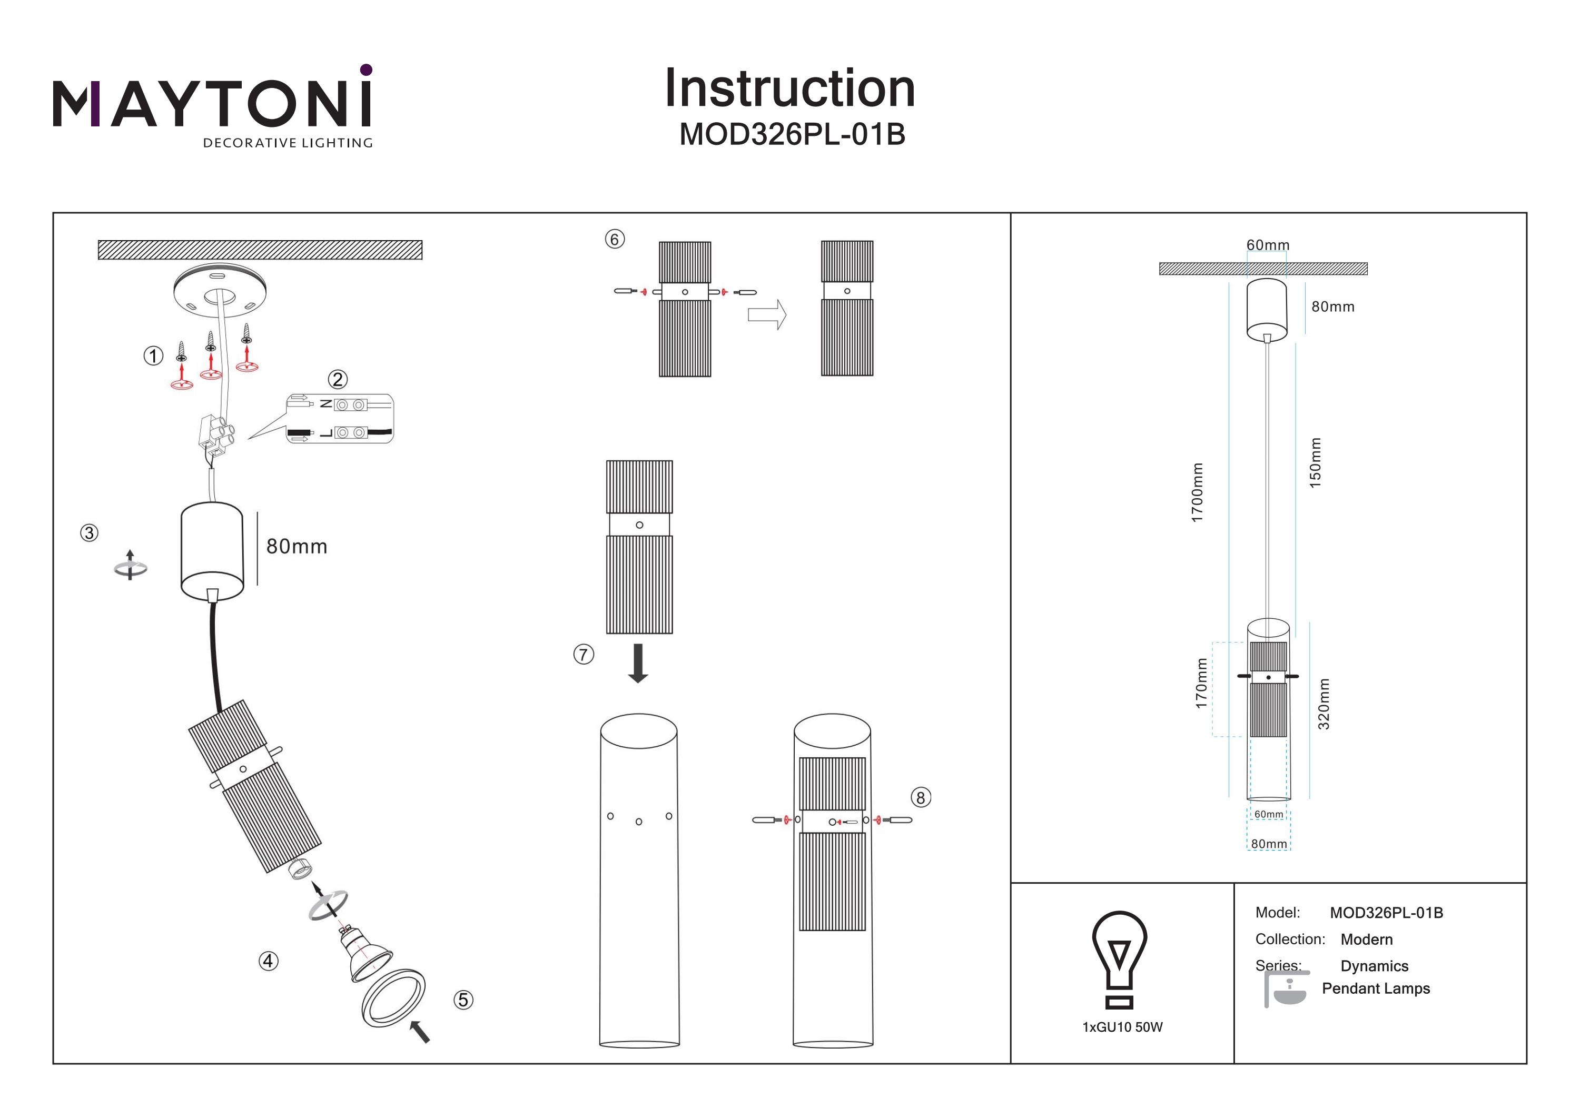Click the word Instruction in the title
pos(789,89)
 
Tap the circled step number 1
pos(153,356)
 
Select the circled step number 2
pos(337,379)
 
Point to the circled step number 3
pos(90,532)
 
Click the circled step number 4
pos(269,961)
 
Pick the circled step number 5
pos(463,1000)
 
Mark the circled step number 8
pos(921,798)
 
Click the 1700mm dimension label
pos(1198,492)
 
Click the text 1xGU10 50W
pos(1122,1027)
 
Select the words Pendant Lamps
pos(1376,989)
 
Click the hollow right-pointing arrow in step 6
pos(767,314)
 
